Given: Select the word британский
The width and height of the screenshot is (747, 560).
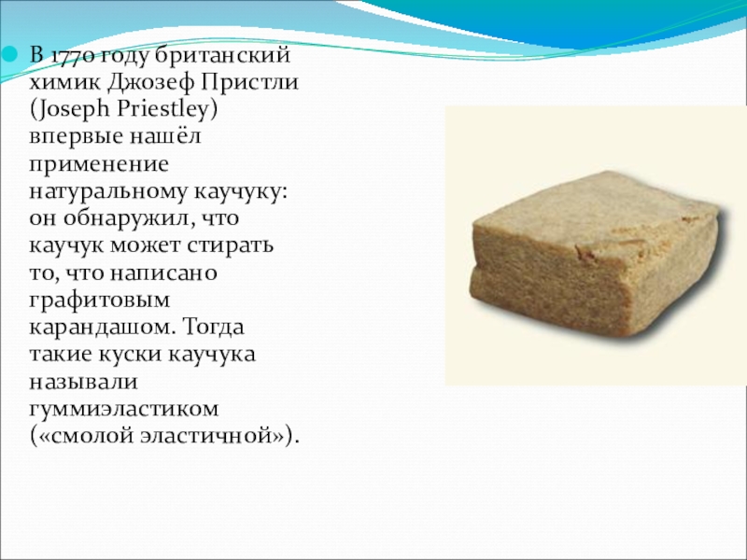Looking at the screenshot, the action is point(222,55).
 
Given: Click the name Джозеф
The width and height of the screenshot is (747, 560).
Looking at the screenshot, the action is point(150,83).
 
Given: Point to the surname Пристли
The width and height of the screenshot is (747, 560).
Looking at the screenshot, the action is point(249,82).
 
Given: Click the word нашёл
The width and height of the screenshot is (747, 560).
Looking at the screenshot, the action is point(165,135).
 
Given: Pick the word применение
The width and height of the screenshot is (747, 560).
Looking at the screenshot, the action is point(99,165).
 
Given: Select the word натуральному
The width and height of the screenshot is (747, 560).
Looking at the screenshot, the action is point(108,192).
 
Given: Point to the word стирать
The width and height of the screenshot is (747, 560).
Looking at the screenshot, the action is point(230,245).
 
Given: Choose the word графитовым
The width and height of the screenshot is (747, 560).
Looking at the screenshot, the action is point(100,301).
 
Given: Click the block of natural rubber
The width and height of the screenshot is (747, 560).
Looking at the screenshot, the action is point(599,252).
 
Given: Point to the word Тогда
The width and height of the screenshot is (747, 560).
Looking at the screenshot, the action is point(213,328).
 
